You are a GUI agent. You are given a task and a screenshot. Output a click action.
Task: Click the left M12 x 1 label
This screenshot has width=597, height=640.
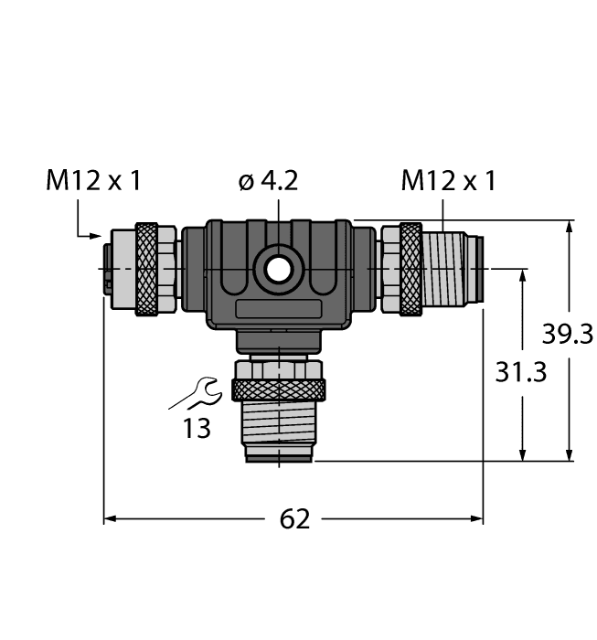pyautogui.click(x=93, y=181)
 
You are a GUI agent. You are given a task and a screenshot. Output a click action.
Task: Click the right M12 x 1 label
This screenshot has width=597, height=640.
pyautogui.click(x=448, y=181)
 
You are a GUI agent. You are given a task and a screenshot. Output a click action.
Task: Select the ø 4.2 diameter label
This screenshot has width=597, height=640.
pyautogui.click(x=268, y=181)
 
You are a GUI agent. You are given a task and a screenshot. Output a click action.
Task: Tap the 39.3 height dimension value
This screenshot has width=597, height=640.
pyautogui.click(x=568, y=335)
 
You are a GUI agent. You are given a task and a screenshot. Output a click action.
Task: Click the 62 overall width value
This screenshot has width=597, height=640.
pyautogui.click(x=293, y=519)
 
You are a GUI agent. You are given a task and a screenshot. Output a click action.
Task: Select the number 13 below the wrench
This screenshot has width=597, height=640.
pyautogui.click(x=197, y=427)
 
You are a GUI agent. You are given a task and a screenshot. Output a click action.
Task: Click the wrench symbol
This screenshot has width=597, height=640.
pyautogui.click(x=196, y=393)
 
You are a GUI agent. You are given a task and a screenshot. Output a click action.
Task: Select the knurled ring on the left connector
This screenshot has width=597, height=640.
pyautogui.click(x=146, y=269)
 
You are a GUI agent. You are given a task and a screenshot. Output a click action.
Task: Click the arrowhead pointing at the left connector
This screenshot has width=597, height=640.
pyautogui.click(x=97, y=236)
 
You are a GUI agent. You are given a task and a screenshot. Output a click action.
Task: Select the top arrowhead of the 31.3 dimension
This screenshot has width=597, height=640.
pyautogui.click(x=522, y=274)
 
